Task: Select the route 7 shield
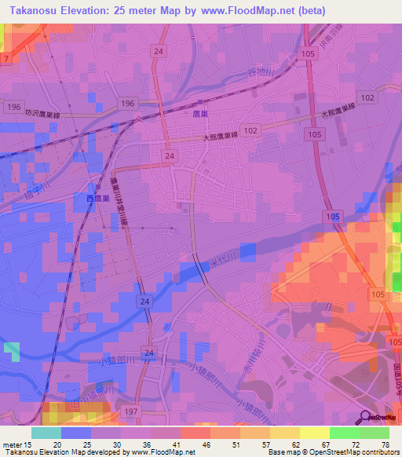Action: (x=5, y=59)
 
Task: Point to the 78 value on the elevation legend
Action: (x=384, y=444)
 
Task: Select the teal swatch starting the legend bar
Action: (x=46, y=433)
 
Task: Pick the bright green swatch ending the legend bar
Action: (x=374, y=433)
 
